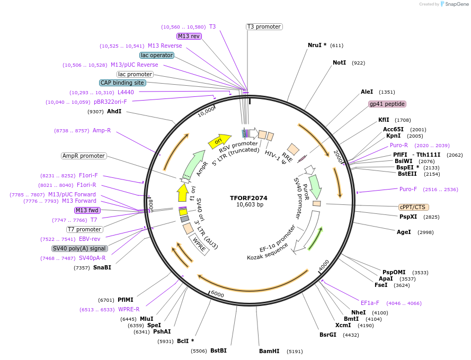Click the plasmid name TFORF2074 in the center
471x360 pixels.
248,198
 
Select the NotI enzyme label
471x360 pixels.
339,62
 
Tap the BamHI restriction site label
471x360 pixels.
269,351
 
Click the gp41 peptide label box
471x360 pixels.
387,104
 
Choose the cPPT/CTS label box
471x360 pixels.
414,207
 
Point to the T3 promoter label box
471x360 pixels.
264,26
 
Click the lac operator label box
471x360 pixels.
157,55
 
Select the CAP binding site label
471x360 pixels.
122,83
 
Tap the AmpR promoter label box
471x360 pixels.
84,156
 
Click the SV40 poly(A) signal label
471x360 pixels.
79,248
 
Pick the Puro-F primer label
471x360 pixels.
408,189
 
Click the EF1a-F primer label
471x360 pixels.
370,303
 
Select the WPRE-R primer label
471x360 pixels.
129,309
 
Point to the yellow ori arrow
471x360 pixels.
219,141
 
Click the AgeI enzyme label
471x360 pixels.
404,232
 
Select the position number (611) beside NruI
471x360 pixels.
336,46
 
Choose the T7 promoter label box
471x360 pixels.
85,229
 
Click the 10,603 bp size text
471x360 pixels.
250,205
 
